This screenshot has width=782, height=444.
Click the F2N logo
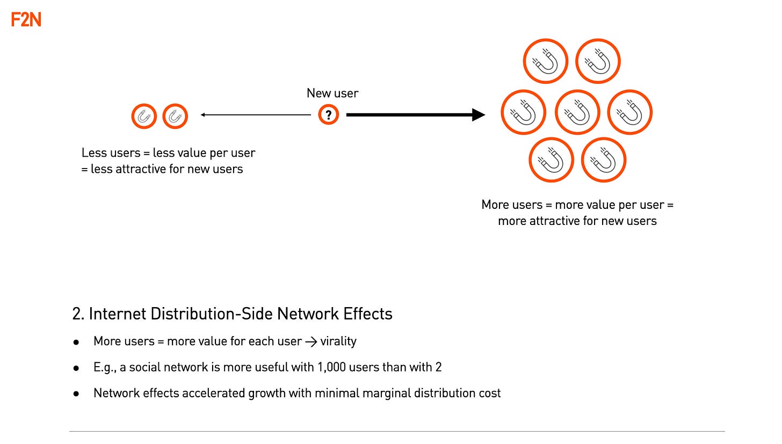(x=26, y=20)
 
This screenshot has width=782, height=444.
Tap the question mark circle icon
(x=329, y=114)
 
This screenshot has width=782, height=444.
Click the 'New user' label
(x=332, y=93)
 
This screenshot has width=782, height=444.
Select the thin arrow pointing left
(x=255, y=114)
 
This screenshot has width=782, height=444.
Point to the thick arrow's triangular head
(x=478, y=114)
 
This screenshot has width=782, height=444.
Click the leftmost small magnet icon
(x=144, y=116)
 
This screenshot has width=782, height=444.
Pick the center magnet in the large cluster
(x=577, y=112)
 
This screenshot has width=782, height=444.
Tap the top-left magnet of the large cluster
(x=545, y=61)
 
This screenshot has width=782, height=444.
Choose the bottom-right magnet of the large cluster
(x=603, y=160)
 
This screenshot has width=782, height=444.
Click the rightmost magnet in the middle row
(x=629, y=112)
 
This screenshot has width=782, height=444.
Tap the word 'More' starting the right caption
(x=495, y=205)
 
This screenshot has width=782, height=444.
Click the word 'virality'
(x=338, y=341)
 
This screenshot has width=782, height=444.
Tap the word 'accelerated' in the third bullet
(x=214, y=393)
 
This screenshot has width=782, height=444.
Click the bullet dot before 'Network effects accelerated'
(x=76, y=394)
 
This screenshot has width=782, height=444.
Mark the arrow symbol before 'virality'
(x=311, y=341)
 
